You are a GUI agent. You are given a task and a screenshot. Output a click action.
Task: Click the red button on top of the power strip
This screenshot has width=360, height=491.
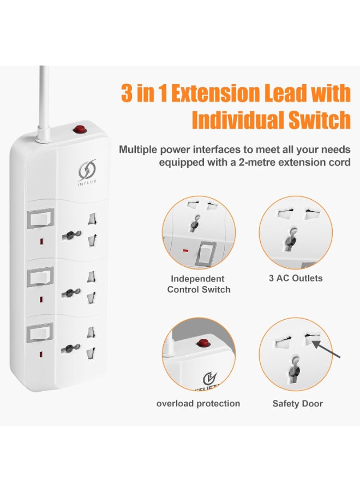[80, 128]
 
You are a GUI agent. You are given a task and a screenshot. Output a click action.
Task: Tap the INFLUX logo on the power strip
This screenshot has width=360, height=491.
[87, 172]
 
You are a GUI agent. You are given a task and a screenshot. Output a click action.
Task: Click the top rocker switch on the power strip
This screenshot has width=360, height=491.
[40, 218]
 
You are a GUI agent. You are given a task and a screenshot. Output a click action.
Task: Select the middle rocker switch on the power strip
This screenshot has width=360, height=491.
[40, 277]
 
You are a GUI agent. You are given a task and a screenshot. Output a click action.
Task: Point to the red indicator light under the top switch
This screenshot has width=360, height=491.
[41, 242]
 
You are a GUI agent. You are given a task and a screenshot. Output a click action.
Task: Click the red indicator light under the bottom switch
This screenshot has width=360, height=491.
[41, 355]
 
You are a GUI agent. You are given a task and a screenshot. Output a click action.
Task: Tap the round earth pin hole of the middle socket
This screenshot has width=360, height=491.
[71, 293]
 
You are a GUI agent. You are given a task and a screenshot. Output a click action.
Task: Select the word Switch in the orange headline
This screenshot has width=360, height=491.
[319, 119]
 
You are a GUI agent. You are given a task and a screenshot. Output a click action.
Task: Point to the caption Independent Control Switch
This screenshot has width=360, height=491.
[199, 284]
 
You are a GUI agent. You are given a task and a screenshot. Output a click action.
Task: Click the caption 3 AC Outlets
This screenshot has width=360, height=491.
[296, 278]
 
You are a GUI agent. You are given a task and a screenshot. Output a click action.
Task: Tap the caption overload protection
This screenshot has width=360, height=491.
[198, 403]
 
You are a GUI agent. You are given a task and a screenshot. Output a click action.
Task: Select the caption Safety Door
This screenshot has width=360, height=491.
[297, 404]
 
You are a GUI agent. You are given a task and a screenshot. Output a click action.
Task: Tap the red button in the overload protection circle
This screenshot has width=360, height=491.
[202, 344]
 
